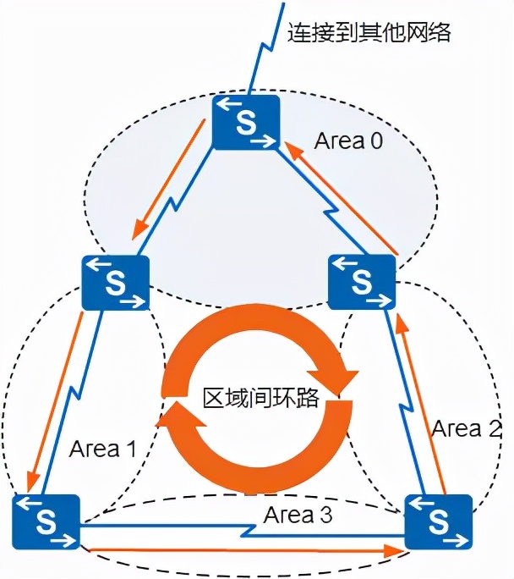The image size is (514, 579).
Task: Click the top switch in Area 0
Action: click(246, 122)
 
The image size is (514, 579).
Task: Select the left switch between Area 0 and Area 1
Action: click(116, 283)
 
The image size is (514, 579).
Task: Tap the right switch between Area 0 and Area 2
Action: click(362, 282)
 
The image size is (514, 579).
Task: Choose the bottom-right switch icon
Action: click(438, 522)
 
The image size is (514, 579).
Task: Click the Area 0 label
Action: click(348, 141)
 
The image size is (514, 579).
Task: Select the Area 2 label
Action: click(466, 428)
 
